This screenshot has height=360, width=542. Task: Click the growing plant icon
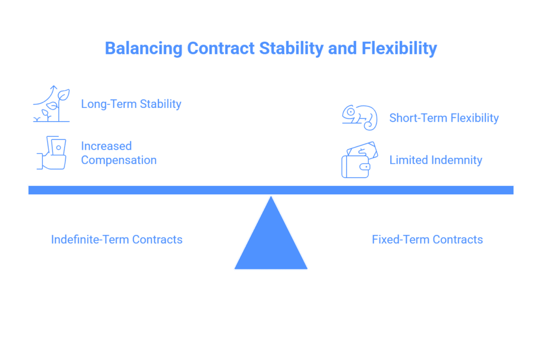pos(52,104)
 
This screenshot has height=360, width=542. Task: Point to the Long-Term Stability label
pos(131,104)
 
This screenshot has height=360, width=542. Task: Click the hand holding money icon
pos(52,153)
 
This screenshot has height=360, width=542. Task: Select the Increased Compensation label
pos(119,153)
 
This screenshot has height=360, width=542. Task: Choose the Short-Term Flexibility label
pos(444,118)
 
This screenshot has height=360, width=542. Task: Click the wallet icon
pos(359,160)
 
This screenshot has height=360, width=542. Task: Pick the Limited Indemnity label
pos(436,160)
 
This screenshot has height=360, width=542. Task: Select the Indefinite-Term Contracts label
pos(116,240)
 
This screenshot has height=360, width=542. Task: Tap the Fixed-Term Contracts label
pos(427,240)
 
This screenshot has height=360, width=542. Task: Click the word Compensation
pos(119,160)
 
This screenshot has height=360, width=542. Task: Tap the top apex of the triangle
pos(271,197)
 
